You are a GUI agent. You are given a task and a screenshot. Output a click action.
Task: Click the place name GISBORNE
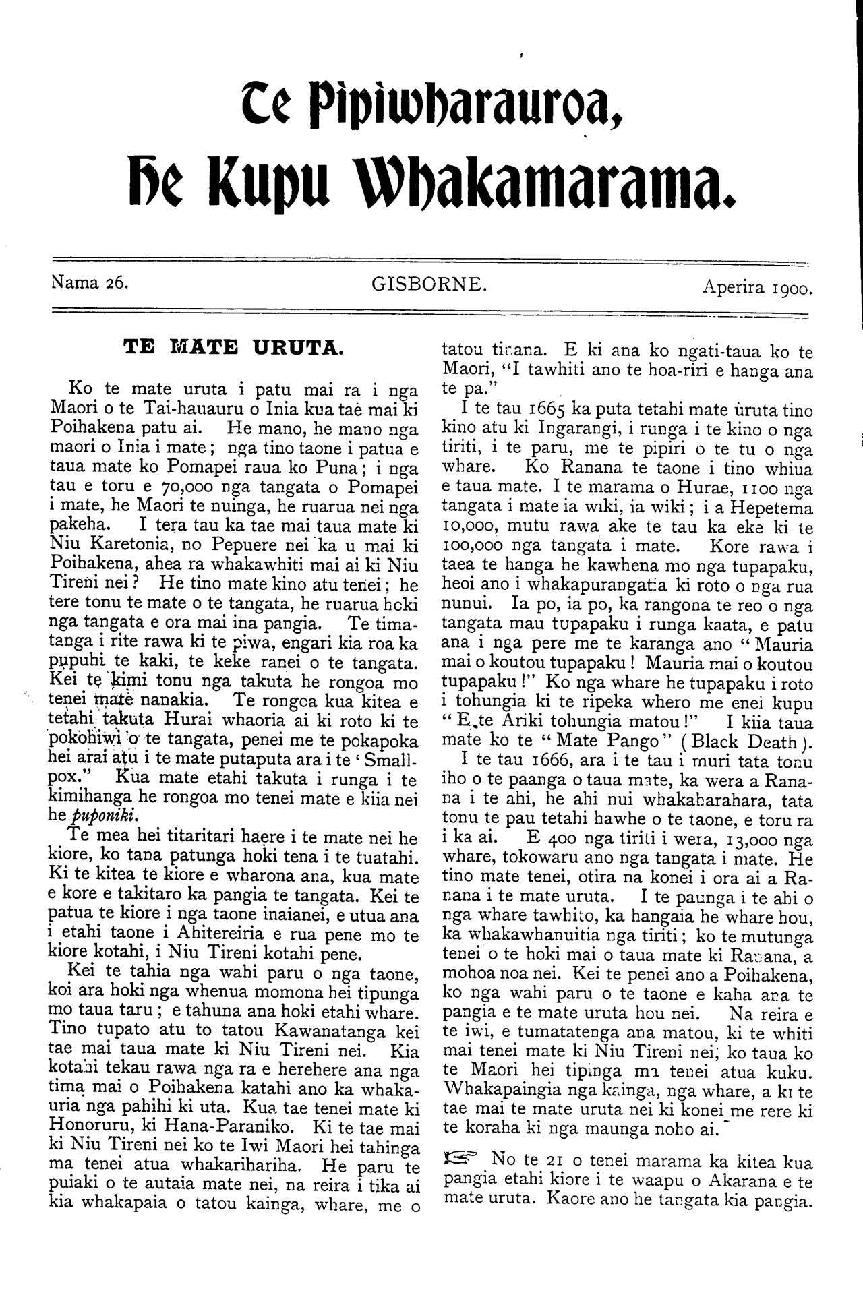[428, 284]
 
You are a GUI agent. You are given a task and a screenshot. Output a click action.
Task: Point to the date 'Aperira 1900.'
[757, 289]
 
